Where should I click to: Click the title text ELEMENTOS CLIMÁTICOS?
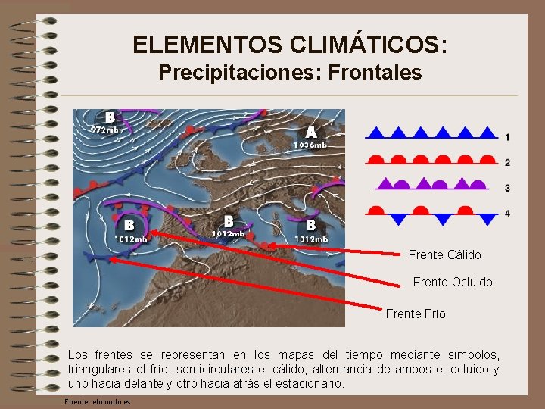290,45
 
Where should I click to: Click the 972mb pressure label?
104,130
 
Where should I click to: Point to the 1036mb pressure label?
310,145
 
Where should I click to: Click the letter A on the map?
310,131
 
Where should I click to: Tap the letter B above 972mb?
111,117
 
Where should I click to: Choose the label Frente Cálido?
444,254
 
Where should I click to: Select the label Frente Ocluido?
453,283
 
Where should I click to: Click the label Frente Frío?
416,314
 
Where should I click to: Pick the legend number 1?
507,137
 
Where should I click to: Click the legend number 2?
507,163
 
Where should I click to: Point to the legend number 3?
507,188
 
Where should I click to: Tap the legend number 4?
507,214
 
